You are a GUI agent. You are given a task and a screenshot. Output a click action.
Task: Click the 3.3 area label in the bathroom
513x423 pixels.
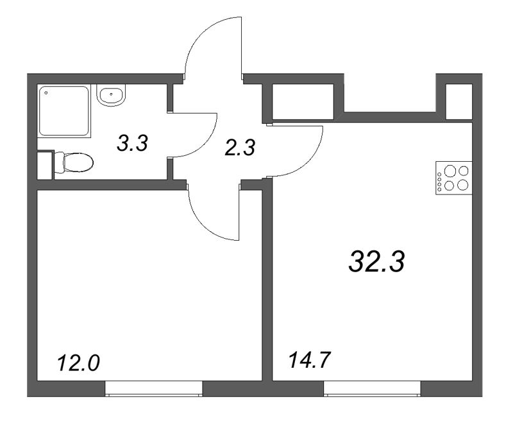[133, 142]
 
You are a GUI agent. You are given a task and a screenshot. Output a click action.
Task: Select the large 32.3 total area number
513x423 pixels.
[377, 261]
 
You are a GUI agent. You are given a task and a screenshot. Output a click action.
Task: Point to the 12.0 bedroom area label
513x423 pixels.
[78, 363]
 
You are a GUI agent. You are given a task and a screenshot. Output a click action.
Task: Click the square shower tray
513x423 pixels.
[64, 110]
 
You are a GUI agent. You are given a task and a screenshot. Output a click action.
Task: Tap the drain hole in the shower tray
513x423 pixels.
[47, 93]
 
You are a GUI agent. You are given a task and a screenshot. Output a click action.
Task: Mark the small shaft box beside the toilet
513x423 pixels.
[44, 165]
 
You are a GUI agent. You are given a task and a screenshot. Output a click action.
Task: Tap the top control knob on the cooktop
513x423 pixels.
[439, 171]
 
